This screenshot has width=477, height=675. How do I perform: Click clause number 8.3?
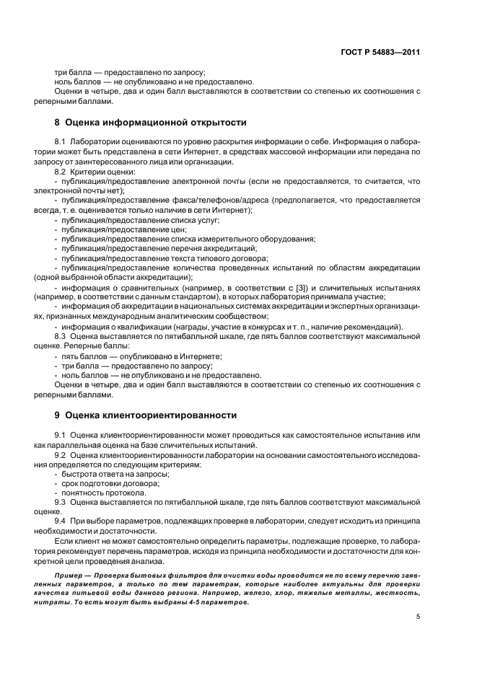[x=61, y=336]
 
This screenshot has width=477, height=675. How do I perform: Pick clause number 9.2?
[x=61, y=456]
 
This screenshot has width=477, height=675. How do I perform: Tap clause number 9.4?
[x=61, y=521]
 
